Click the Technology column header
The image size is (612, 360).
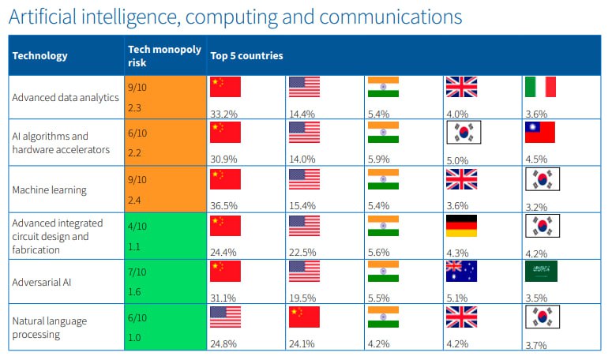point(40,56)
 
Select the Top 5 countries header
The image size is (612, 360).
point(246,56)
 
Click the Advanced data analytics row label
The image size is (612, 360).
point(65,98)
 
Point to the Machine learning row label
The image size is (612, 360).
point(50,190)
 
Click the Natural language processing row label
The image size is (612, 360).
point(49,328)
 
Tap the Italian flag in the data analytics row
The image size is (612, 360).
point(540,87)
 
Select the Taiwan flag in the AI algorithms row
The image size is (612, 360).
point(540,133)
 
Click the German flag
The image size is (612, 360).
point(462,225)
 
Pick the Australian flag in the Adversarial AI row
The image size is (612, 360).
point(462,272)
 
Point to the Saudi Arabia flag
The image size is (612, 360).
point(540,272)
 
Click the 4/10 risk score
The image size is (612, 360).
point(137,225)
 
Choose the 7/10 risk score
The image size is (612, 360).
point(137,272)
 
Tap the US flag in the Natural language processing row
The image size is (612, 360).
point(224,317)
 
